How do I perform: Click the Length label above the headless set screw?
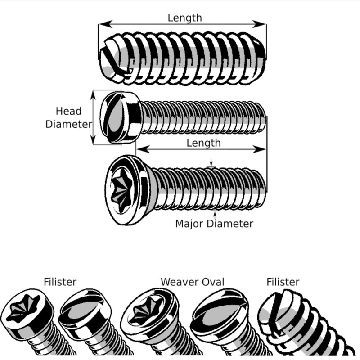coord(184,18)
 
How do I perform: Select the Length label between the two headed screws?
coord(203,143)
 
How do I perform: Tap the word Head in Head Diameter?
coord(68,111)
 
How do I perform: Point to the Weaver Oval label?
coord(193,282)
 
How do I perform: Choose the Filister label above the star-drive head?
coord(60,282)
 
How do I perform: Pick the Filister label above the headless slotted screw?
coord(283,282)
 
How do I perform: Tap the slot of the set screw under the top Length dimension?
coord(112,61)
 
